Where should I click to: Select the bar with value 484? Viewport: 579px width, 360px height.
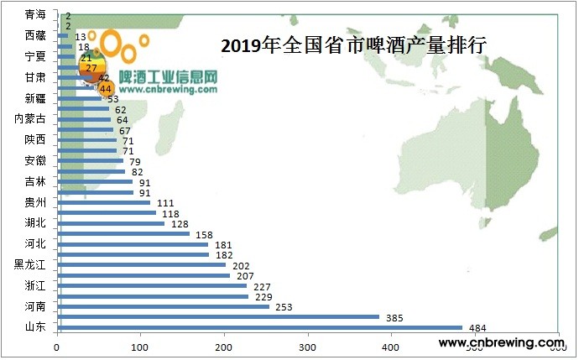point(259,327)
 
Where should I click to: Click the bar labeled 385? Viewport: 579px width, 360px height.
point(217,316)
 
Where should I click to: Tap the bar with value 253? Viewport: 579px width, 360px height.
point(163,306)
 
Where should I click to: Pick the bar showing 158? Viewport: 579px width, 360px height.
point(123,233)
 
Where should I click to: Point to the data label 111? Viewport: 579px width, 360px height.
point(164,203)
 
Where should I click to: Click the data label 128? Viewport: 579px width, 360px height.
point(179,224)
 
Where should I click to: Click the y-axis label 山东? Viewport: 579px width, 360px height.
point(36,326)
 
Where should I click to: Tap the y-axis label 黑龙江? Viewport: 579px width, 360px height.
point(30,264)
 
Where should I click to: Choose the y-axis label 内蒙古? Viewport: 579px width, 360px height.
point(30,118)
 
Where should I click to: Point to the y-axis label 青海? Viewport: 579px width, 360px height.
point(36,14)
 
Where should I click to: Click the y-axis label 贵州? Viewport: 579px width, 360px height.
point(36,201)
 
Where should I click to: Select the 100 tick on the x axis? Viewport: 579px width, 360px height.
point(140,345)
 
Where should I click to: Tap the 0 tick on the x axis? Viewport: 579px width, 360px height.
point(57,345)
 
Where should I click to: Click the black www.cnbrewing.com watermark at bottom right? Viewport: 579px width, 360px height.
point(500,342)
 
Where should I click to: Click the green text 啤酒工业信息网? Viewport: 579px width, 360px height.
point(169,76)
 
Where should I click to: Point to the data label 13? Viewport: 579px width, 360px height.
point(81,37)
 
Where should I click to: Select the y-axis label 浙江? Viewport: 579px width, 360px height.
point(36,285)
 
